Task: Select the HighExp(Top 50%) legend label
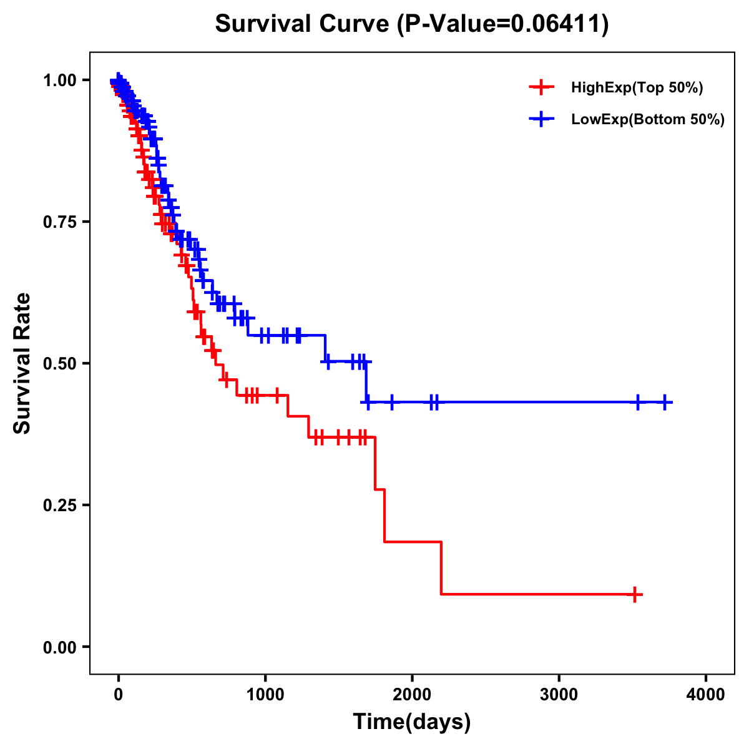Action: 637,88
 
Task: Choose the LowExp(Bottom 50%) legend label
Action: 648,119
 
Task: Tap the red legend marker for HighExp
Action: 541,87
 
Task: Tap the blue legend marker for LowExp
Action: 541,119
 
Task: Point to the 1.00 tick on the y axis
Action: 59,80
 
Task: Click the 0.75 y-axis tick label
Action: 59,222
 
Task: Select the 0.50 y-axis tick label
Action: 59,363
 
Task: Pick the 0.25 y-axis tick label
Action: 59,505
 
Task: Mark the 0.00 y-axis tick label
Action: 59,647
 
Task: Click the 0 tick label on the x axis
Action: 118,695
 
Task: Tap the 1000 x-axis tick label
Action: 265,695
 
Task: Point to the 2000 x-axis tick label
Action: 412,695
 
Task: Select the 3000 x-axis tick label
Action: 559,695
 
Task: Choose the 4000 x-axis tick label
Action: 706,695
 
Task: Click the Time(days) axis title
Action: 411,722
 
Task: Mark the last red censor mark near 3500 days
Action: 634,594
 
